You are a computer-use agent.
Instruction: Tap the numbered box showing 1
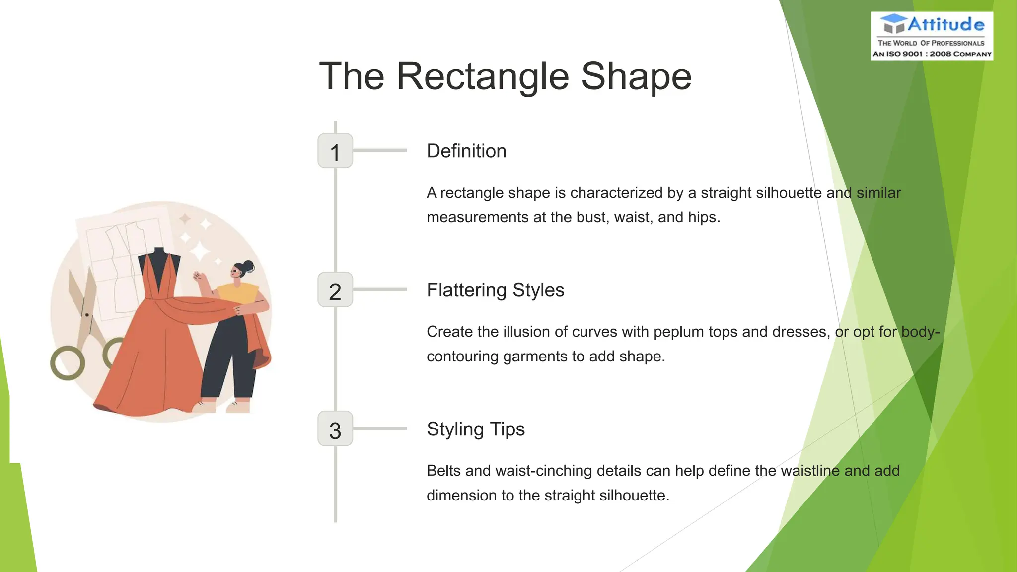pos(335,151)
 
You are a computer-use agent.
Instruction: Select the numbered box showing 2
pos(335,290)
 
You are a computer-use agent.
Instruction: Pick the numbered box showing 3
pos(335,429)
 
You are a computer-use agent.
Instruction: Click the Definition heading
pos(466,151)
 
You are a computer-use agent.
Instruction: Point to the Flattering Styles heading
pos(495,290)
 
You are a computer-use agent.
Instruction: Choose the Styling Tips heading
pos(475,429)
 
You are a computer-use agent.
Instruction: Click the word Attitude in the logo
pos(945,24)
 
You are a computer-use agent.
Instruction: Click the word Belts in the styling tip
pos(443,471)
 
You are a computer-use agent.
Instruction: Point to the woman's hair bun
pos(248,267)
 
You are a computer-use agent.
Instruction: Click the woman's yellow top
pos(238,293)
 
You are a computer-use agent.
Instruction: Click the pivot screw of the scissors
pos(87,315)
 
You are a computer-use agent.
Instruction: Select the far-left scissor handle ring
pos(68,363)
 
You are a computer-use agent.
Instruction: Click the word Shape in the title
pos(636,77)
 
